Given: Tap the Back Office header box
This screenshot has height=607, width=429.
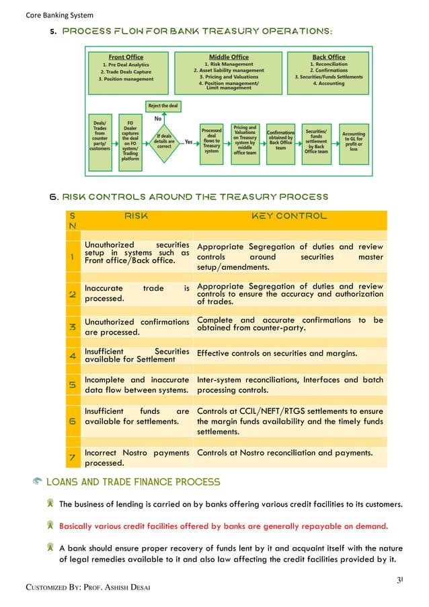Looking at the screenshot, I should [329, 69].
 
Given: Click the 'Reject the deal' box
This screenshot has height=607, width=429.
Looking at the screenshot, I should [163, 106].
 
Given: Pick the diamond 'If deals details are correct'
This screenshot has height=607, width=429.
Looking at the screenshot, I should [163, 142].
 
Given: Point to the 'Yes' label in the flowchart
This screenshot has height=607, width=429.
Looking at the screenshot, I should [189, 142].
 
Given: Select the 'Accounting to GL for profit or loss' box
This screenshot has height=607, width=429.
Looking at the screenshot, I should [353, 141].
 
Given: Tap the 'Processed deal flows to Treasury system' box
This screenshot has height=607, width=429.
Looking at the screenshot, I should [212, 141].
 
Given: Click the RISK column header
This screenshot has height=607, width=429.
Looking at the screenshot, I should [136, 217].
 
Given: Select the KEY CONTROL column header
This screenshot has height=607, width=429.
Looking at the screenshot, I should [289, 217].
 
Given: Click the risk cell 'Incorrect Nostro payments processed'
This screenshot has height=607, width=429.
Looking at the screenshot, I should [136, 458].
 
